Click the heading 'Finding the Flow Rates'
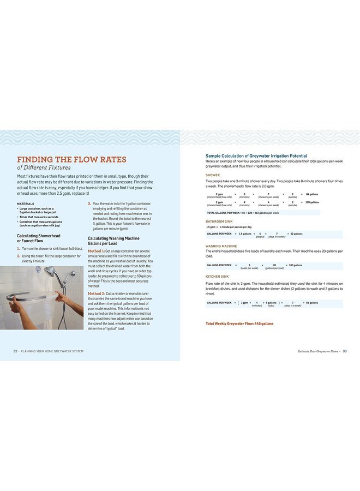click(x=71, y=159)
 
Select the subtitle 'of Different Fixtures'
click(x=44, y=167)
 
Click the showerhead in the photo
click(x=50, y=271)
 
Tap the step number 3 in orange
click(x=89, y=203)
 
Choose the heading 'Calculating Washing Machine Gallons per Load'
click(x=113, y=241)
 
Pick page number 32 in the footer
click(x=16, y=351)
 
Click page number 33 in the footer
click(x=345, y=351)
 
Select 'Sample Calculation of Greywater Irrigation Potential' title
click(x=256, y=156)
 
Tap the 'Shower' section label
click(x=213, y=175)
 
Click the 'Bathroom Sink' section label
click(x=219, y=221)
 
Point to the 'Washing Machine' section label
click(x=221, y=246)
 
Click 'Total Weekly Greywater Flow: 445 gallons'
click(x=239, y=324)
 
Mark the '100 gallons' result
click(x=295, y=265)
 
